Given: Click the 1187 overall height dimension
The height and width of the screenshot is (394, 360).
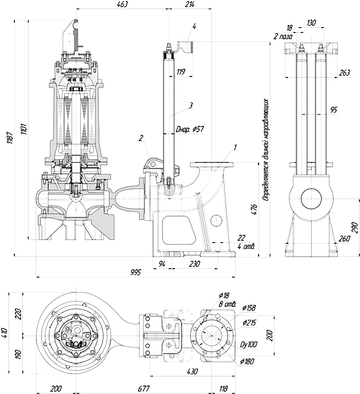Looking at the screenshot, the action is (10, 138).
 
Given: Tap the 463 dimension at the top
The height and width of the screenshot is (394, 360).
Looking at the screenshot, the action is (122, 4).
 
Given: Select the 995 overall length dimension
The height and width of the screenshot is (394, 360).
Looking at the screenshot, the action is (136, 272).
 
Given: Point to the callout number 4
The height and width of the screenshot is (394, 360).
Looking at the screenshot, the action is (194, 26).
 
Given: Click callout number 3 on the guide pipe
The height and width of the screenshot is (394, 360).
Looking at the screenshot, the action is (191, 105).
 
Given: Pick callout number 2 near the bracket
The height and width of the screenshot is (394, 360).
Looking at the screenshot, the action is (141, 138).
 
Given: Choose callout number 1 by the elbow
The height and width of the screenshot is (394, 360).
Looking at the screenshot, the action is (235, 148).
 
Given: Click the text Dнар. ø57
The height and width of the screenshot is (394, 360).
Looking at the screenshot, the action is (190, 130).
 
